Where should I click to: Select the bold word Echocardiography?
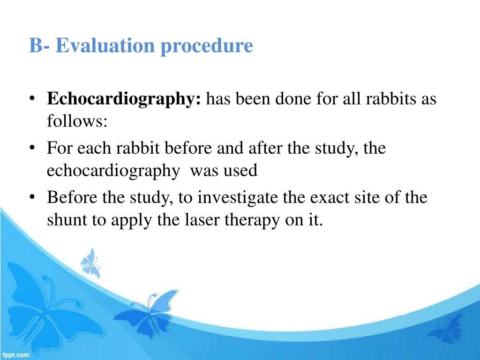pyautogui.click(x=124, y=99)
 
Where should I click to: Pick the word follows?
pyautogui.click(x=77, y=122)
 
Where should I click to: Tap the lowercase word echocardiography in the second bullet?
pyautogui.click(x=112, y=171)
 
